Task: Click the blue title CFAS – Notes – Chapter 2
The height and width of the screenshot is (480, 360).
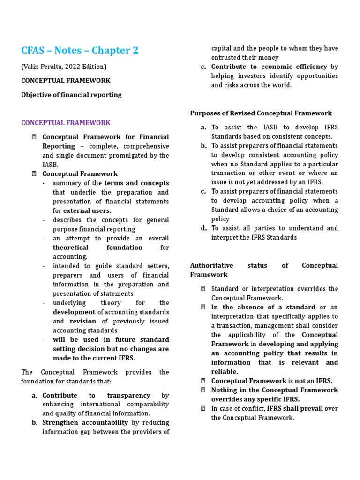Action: click(x=80, y=50)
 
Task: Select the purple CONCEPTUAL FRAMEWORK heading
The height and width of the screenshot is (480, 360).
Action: click(x=66, y=123)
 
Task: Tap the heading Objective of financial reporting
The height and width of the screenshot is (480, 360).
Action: click(x=71, y=95)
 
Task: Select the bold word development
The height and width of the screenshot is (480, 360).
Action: click(x=74, y=312)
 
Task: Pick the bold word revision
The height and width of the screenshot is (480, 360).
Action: click(x=82, y=321)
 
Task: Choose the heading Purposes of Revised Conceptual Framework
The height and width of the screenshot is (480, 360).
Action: click(x=261, y=113)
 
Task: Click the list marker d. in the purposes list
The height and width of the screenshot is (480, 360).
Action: click(x=203, y=228)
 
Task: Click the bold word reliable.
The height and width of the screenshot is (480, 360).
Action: click(x=225, y=371)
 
